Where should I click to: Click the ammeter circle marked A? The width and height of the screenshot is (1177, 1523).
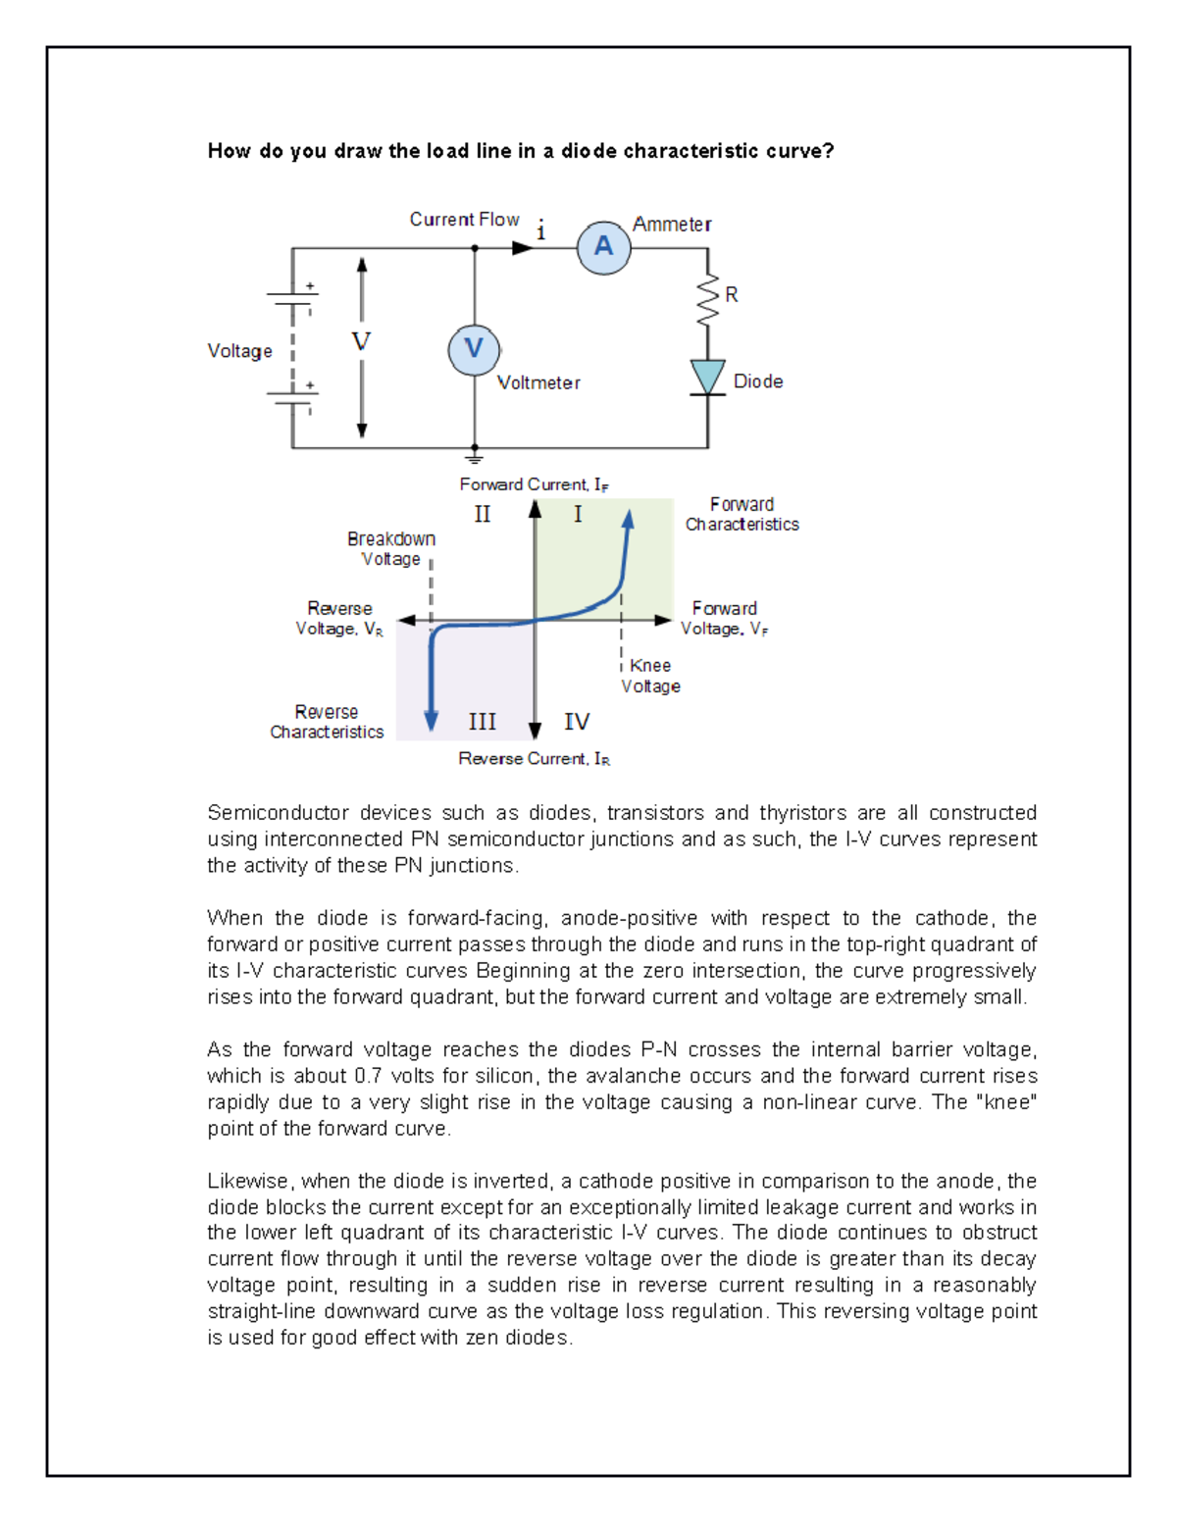(x=603, y=247)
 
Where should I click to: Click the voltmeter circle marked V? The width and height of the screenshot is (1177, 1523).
(x=474, y=349)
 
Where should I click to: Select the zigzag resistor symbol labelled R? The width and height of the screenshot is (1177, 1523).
(x=707, y=301)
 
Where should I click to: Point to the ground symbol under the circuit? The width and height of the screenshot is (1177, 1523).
(x=475, y=457)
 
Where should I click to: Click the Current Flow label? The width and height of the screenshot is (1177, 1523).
(x=464, y=220)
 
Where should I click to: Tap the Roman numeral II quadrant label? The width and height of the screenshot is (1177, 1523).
(x=483, y=515)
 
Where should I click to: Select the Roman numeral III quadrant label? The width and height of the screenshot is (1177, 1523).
(x=482, y=722)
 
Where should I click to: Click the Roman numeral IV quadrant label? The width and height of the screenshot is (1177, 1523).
(x=577, y=722)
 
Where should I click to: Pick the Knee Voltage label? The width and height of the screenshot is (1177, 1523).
(x=650, y=676)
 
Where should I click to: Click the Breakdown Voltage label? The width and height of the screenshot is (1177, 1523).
(x=390, y=549)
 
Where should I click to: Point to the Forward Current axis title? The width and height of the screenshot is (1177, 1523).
(x=534, y=484)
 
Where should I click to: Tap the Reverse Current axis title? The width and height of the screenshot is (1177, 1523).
(x=534, y=759)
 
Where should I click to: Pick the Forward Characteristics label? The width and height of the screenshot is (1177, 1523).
(x=742, y=515)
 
